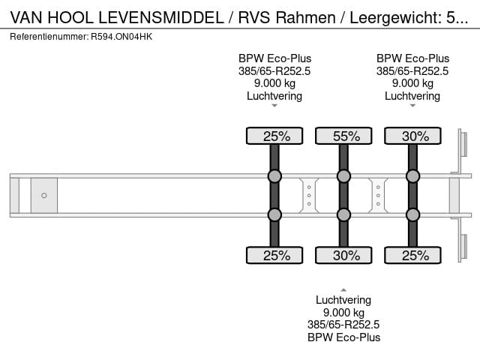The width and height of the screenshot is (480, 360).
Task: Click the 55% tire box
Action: (x=343, y=136)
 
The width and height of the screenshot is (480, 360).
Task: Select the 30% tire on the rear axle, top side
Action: (x=412, y=136)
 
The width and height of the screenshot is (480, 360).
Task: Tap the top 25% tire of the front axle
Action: (x=274, y=136)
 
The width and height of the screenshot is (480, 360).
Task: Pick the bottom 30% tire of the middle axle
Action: (x=343, y=256)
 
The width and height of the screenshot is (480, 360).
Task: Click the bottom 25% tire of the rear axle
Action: (x=412, y=256)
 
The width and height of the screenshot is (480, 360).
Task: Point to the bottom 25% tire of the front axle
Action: (x=274, y=256)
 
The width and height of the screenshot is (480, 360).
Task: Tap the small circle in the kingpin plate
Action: (x=44, y=196)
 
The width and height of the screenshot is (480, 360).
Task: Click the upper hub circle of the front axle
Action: (x=274, y=177)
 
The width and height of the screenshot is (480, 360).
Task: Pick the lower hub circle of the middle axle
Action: (x=343, y=215)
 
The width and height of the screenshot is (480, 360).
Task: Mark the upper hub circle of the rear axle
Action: (x=412, y=177)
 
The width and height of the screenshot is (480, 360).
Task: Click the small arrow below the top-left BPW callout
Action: (x=274, y=106)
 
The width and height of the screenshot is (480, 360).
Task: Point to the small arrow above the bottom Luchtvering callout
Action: (x=343, y=289)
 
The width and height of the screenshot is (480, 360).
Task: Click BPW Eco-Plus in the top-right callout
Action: (x=412, y=58)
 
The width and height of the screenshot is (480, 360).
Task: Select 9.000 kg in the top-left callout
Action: (x=274, y=83)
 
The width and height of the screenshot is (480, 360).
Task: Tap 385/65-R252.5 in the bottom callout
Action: (x=343, y=325)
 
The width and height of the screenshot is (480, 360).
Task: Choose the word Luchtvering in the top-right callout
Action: (x=412, y=95)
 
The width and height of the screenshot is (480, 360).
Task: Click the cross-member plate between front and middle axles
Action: (x=309, y=196)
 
